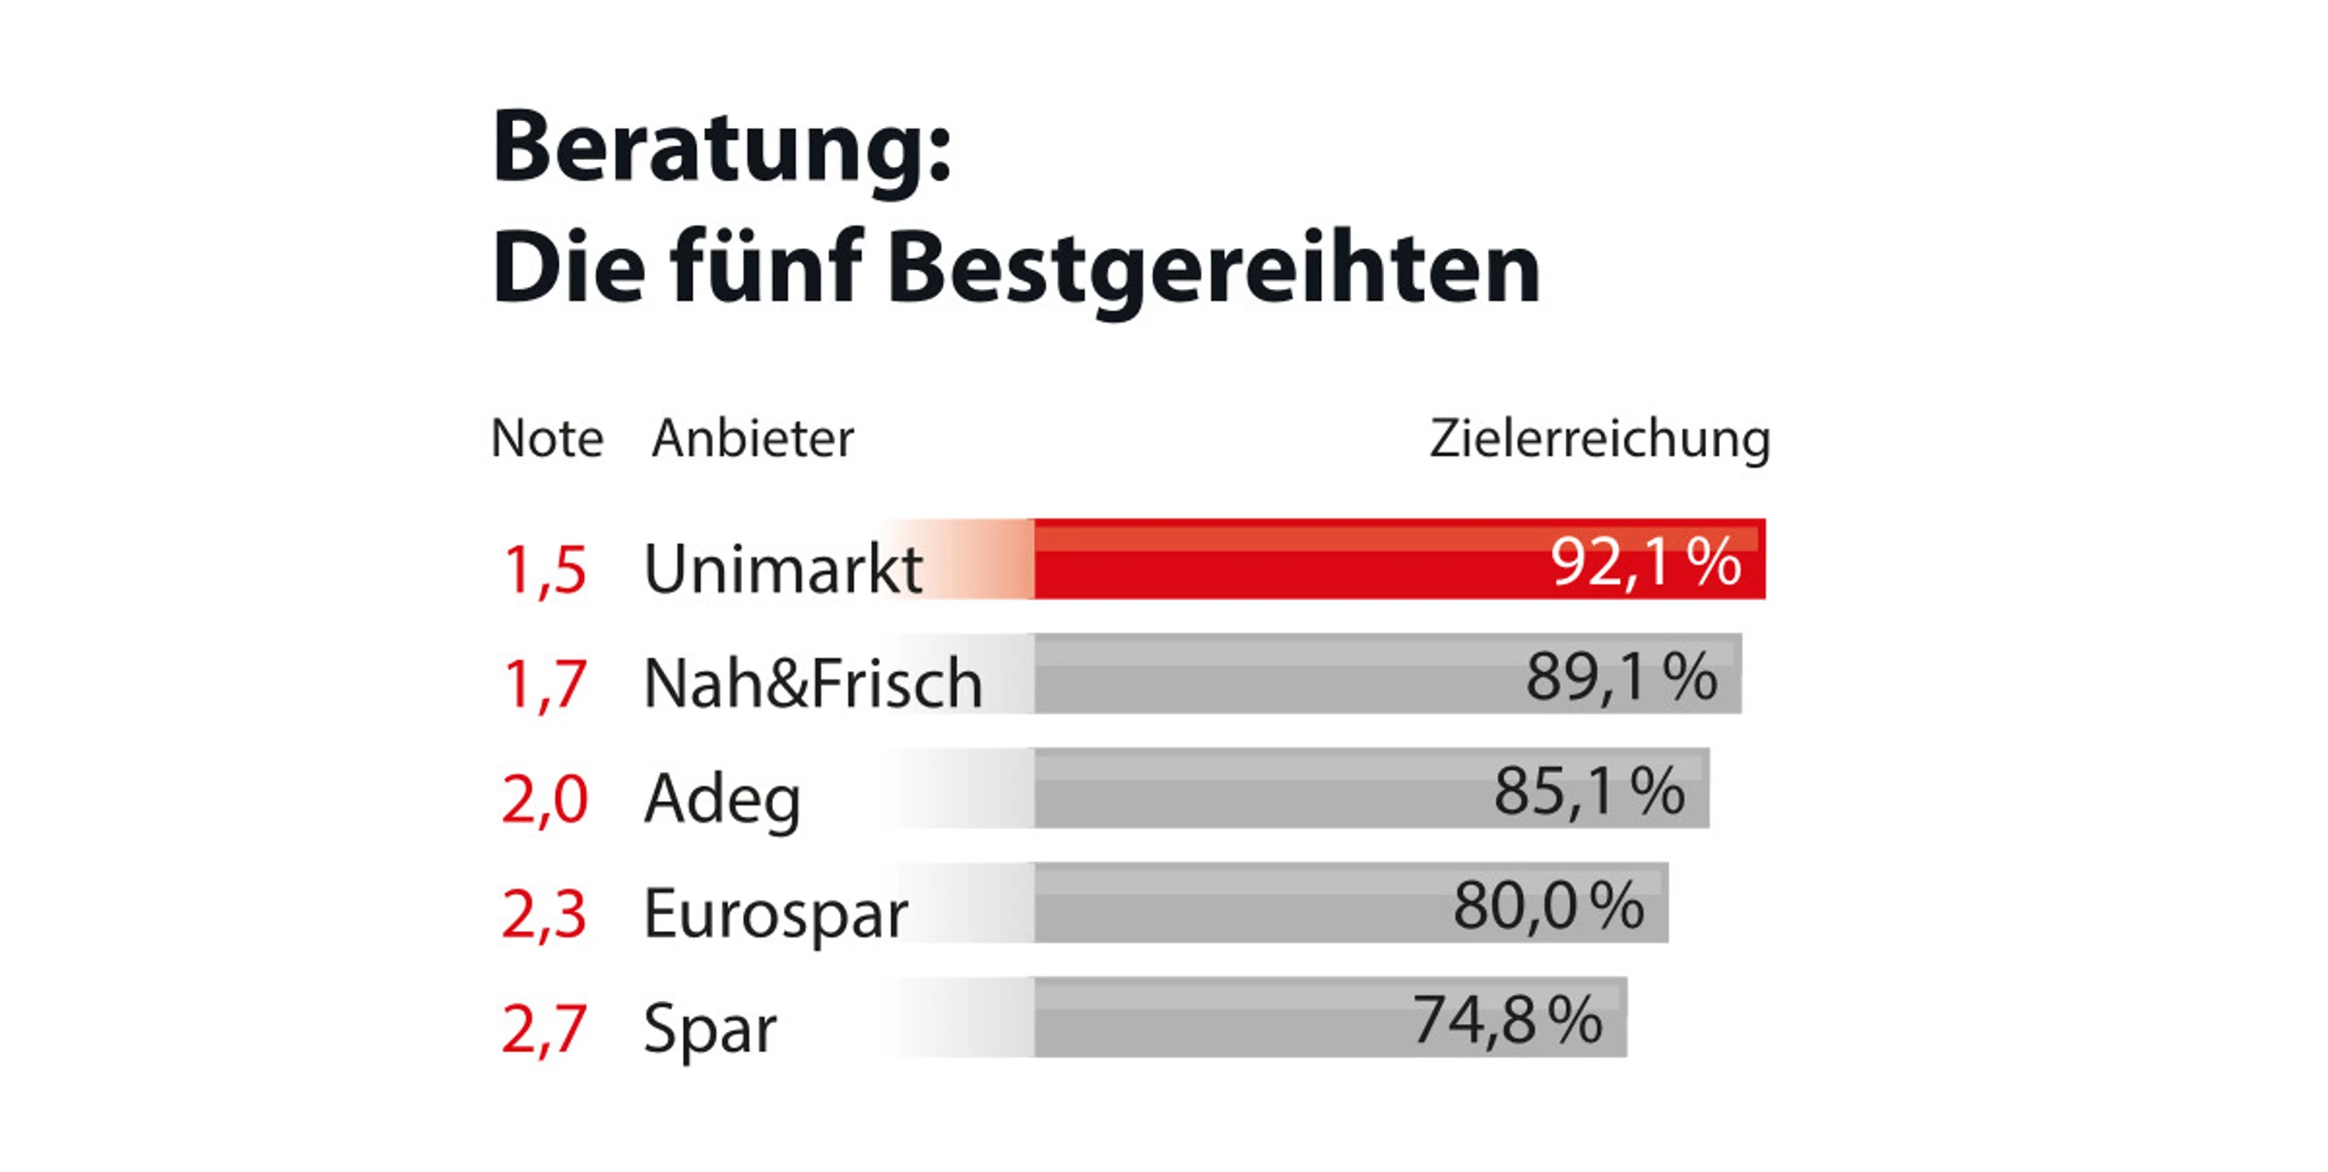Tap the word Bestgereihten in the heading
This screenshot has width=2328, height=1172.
click(1213, 269)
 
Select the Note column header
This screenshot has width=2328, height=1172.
click(547, 439)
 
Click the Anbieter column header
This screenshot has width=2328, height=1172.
click(753, 439)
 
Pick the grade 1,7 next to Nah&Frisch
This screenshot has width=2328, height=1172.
click(544, 684)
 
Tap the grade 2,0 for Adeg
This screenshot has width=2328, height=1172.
click(544, 799)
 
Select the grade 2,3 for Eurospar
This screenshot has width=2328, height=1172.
click(544, 914)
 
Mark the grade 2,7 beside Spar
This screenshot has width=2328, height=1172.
click(544, 1028)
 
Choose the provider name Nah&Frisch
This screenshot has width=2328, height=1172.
click(813, 684)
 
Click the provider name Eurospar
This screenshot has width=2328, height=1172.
click(776, 915)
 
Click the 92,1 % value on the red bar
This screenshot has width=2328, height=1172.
click(1646, 562)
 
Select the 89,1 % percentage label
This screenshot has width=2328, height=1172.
click(1621, 677)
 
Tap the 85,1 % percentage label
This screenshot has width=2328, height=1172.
click(1589, 791)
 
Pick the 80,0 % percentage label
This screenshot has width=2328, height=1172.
click(1548, 906)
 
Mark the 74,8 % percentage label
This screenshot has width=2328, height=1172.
click(1507, 1020)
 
